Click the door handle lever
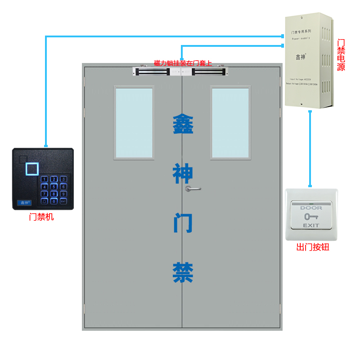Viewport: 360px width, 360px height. click(193, 189)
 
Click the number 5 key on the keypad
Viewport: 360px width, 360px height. click(54, 186)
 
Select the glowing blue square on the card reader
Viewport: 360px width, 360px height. click(32, 169)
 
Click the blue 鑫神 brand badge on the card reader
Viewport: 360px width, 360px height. click(22, 202)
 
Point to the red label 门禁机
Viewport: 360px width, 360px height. click(41, 217)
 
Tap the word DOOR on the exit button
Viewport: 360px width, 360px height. click(311, 208)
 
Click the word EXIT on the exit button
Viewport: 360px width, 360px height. click(311, 225)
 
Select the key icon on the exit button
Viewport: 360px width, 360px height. click(310, 216)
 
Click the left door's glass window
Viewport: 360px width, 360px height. click(134, 123)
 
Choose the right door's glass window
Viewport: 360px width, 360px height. click(230, 123)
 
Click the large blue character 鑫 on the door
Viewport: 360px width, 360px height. click(183, 124)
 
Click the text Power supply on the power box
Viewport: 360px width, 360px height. click(301, 39)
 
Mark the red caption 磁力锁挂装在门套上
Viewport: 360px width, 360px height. click(183, 63)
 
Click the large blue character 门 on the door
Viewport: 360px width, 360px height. click(183, 223)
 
